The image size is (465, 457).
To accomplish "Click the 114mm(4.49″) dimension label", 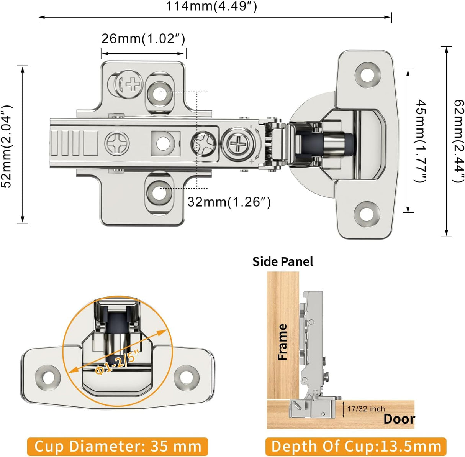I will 211,7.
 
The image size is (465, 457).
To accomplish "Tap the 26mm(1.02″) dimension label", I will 143,39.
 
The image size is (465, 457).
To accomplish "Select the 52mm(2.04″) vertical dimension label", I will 7,146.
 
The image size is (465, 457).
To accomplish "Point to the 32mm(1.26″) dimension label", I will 229,202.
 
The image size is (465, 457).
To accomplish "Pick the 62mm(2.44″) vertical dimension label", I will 458,141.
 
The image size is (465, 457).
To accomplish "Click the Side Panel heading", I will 283,261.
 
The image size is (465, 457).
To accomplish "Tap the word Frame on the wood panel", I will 283,342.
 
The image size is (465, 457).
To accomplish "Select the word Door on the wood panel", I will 399,419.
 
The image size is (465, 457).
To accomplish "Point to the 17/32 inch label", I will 366,409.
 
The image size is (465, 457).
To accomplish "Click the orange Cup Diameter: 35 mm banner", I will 118,447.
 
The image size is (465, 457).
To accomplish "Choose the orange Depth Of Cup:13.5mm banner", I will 356,447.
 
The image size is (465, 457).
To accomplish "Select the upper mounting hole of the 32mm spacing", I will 159,92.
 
